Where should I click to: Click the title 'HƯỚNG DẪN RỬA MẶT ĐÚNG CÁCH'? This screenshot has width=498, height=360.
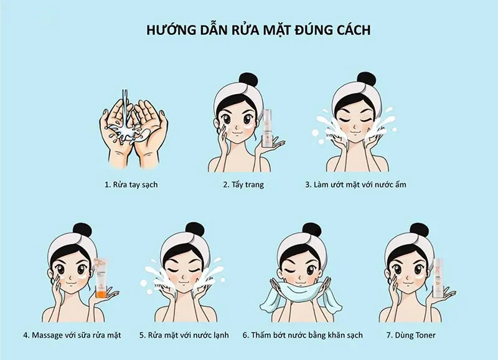250,30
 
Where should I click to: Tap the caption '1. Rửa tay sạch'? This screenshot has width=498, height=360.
131,185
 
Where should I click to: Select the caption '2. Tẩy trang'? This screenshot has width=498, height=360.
243,185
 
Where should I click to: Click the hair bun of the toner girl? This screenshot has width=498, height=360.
418,230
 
